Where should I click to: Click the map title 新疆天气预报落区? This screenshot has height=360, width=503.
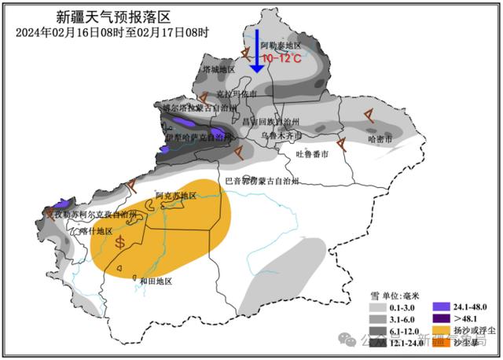[x=113, y=16]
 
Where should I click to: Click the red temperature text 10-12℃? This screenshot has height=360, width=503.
[x=281, y=58]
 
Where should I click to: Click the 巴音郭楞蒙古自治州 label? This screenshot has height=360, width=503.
[x=262, y=182]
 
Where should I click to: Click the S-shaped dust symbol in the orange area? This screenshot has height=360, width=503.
[x=119, y=241]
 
